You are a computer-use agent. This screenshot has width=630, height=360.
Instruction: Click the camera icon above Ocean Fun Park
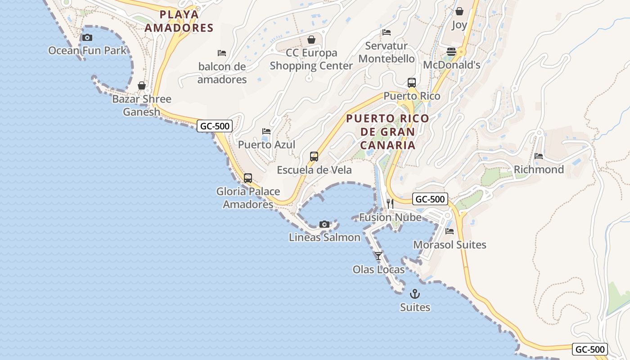pos(87,37)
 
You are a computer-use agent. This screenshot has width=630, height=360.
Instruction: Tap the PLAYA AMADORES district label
pos(186,21)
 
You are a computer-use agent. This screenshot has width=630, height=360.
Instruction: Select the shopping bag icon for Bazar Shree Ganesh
pos(142,85)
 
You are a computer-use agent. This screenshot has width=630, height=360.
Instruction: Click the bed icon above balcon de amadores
pos(222,53)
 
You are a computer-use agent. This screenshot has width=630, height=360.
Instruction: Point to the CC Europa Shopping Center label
pos(311,59)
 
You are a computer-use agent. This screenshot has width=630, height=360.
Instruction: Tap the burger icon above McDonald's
pos(451,52)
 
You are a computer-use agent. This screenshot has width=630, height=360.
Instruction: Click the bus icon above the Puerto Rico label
pos(412,83)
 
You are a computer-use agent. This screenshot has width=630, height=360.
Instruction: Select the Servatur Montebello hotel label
pos(387,52)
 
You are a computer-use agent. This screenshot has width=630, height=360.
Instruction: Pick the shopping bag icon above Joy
pos(459,11)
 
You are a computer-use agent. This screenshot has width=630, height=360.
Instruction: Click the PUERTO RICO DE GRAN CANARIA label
pos(387,132)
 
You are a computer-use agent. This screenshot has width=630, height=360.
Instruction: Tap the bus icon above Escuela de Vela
pos(314,157)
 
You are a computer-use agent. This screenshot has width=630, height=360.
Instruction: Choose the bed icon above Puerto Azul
pos(266,131)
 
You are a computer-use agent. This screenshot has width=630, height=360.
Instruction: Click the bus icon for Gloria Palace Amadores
pos(248,178)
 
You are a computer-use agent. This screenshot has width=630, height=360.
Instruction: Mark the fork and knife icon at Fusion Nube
pos(390,204)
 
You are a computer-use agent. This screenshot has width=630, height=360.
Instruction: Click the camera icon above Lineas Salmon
pos(324,224)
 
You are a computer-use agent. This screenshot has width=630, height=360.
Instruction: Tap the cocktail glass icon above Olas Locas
pos(378,256)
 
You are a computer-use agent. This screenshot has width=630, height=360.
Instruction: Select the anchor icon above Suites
pos(415,294)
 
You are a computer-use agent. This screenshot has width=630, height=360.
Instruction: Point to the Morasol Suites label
pos(450,245)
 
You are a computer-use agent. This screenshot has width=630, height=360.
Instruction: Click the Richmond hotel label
pos(539,170)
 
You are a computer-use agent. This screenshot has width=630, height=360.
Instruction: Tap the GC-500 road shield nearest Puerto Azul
pos(215,126)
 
